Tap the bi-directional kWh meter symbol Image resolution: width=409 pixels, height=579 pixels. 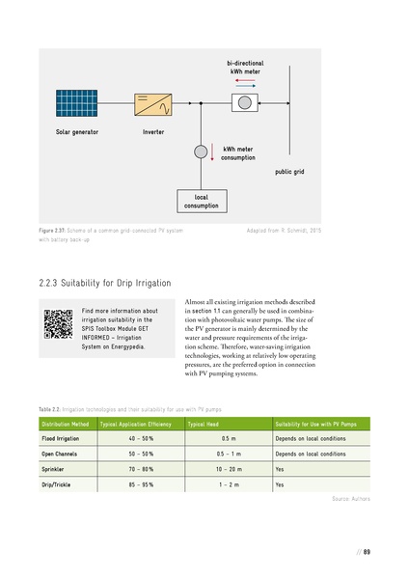(x=245, y=101)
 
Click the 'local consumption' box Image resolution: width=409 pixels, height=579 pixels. (x=201, y=201)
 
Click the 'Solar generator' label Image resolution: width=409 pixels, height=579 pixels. (x=76, y=131)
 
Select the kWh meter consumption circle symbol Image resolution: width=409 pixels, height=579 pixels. (x=203, y=152)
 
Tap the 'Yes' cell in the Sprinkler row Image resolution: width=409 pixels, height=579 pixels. (x=280, y=468)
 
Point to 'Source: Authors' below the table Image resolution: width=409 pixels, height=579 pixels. (x=349, y=498)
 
